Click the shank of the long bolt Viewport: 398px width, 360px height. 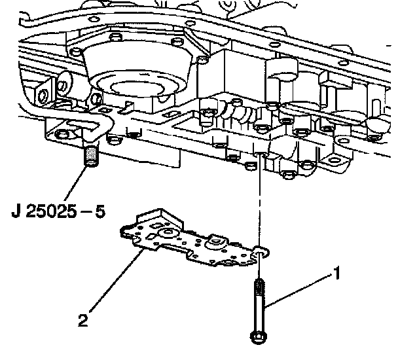tap(257, 311)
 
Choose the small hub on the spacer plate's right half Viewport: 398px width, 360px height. tap(213, 243)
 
